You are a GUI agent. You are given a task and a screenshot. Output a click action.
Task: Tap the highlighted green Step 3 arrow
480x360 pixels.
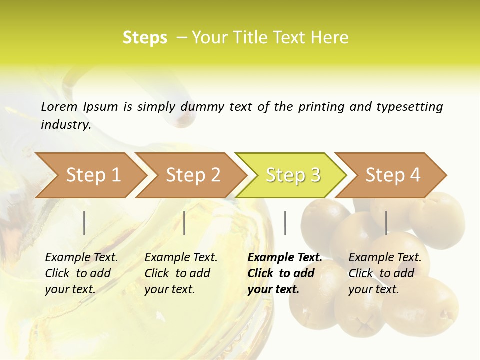tap(293, 175)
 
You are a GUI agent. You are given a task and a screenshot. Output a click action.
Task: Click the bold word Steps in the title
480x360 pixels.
tap(145, 38)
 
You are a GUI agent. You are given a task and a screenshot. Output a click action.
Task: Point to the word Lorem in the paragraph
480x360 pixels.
tap(59, 106)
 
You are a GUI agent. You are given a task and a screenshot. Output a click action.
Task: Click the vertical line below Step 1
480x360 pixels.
tap(84, 223)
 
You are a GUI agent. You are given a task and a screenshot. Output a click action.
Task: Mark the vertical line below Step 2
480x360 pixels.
tap(184, 223)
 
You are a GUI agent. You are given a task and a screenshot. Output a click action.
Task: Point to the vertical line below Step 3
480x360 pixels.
tap(285, 223)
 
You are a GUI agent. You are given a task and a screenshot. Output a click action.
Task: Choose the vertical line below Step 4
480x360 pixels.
tap(386, 223)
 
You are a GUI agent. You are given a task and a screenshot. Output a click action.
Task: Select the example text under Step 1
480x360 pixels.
tap(81, 273)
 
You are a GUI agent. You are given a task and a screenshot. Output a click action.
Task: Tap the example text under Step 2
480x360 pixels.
tap(181, 273)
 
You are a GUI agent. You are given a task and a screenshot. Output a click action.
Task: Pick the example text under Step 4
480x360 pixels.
tap(385, 273)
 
